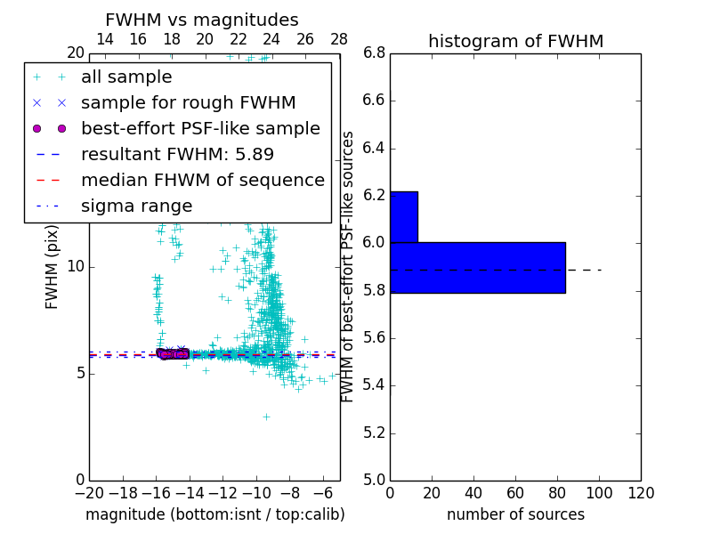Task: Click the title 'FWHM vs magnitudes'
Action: [202, 20]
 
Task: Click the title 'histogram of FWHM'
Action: [515, 41]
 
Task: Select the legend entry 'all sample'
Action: [126, 77]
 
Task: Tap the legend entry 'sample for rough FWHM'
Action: [188, 103]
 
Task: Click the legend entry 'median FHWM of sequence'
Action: [202, 181]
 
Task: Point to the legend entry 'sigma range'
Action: [136, 206]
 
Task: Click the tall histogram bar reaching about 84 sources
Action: [477, 267]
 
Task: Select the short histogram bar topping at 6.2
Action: [403, 216]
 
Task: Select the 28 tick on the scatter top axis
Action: [339, 39]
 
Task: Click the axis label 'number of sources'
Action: [515, 514]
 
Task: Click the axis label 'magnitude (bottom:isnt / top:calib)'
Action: [214, 514]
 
